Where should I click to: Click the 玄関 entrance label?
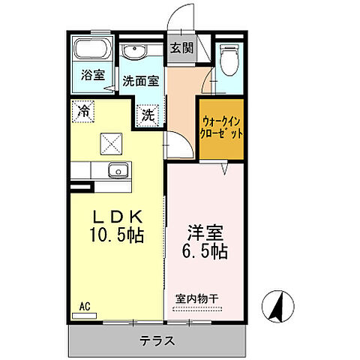(x=180, y=49)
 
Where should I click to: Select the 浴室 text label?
(x=92, y=75)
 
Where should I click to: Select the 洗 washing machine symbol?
(x=148, y=115)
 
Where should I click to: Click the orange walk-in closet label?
(x=221, y=128)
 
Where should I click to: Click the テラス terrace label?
(x=157, y=341)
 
